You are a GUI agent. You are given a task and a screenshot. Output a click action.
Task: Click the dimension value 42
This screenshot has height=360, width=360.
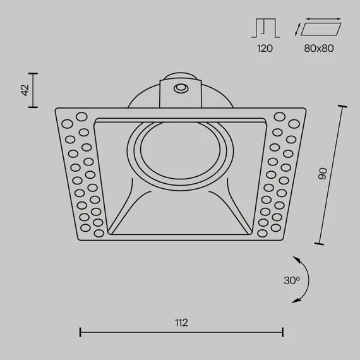[25, 90]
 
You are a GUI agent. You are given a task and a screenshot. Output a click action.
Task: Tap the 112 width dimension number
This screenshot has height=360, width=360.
[181, 323]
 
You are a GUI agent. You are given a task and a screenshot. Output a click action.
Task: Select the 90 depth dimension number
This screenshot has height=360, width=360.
[323, 174]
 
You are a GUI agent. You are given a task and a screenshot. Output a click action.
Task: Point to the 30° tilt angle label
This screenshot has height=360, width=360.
[292, 280]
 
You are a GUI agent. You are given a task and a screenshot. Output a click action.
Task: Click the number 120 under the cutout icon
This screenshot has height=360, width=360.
[265, 49]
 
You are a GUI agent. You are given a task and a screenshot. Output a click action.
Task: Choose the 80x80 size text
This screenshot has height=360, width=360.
[319, 49]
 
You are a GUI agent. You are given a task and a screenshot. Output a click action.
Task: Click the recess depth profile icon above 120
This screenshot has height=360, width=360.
[266, 28]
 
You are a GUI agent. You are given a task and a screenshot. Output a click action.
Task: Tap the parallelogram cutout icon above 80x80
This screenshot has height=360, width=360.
[321, 29]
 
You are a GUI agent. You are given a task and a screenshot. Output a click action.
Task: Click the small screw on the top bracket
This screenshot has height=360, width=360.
[181, 88]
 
